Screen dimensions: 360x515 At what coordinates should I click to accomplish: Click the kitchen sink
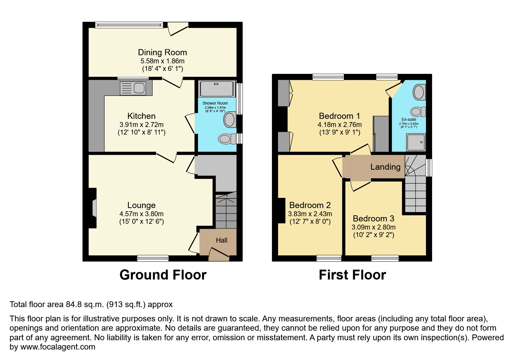coord(133,88)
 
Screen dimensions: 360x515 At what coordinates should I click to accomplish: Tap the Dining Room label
coord(162,52)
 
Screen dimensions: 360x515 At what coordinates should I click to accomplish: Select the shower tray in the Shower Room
coord(217,88)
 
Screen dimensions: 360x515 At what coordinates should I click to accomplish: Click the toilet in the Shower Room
coord(227,139)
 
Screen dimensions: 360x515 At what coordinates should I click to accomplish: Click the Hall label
coord(222,240)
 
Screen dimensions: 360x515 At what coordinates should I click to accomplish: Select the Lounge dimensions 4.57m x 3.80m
coord(141,214)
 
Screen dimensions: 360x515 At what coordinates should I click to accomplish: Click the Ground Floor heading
coord(163,275)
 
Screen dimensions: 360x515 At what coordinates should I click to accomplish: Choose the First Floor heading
coord(352,275)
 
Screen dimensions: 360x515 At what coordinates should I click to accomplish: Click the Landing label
coord(385,167)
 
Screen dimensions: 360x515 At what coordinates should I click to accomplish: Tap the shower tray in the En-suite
coord(416,142)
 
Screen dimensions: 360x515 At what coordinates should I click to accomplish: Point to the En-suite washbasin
coord(419,92)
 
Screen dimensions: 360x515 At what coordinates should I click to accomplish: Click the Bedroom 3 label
coord(373,218)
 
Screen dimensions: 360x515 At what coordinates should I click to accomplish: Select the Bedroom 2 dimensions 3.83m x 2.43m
coord(310,214)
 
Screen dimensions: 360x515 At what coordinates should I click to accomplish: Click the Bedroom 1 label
coord(339,116)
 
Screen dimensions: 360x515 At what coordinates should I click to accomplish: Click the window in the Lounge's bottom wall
coord(153,258)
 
